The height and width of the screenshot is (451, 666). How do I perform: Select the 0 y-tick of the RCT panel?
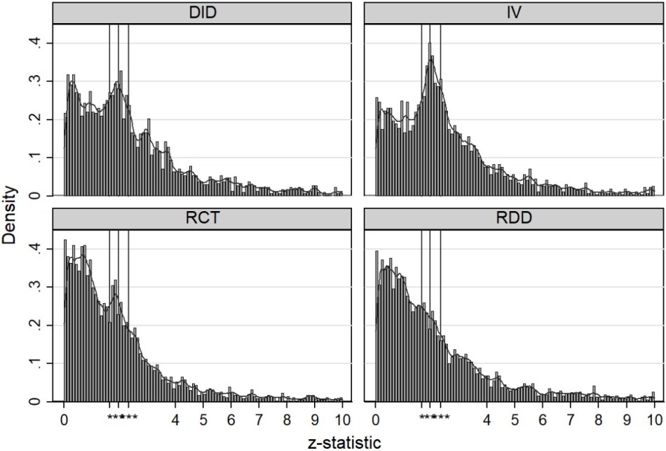[43, 402]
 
